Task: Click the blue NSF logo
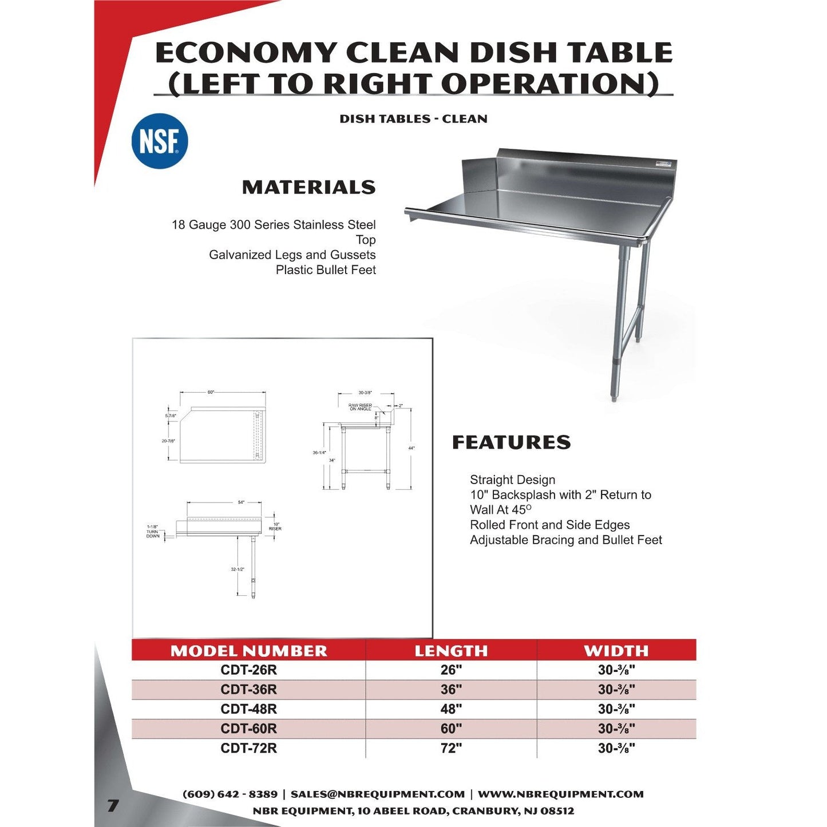(x=160, y=141)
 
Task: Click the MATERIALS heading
(x=308, y=187)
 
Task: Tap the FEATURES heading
(x=511, y=442)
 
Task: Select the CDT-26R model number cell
(x=248, y=670)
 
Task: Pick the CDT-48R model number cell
(x=248, y=709)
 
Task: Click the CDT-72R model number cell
(x=248, y=748)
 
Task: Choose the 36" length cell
(x=451, y=690)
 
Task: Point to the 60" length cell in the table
(x=451, y=729)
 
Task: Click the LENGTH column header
(x=451, y=651)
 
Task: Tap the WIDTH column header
(x=616, y=651)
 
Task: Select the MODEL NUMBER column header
(x=248, y=651)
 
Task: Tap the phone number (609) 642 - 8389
(x=229, y=794)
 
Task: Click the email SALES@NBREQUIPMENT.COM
(x=377, y=794)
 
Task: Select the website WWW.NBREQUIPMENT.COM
(x=560, y=794)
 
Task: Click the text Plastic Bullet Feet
(x=326, y=270)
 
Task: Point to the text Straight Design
(x=512, y=480)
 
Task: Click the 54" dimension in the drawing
(x=242, y=502)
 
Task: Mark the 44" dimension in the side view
(x=411, y=448)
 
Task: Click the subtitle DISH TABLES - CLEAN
(x=413, y=119)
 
